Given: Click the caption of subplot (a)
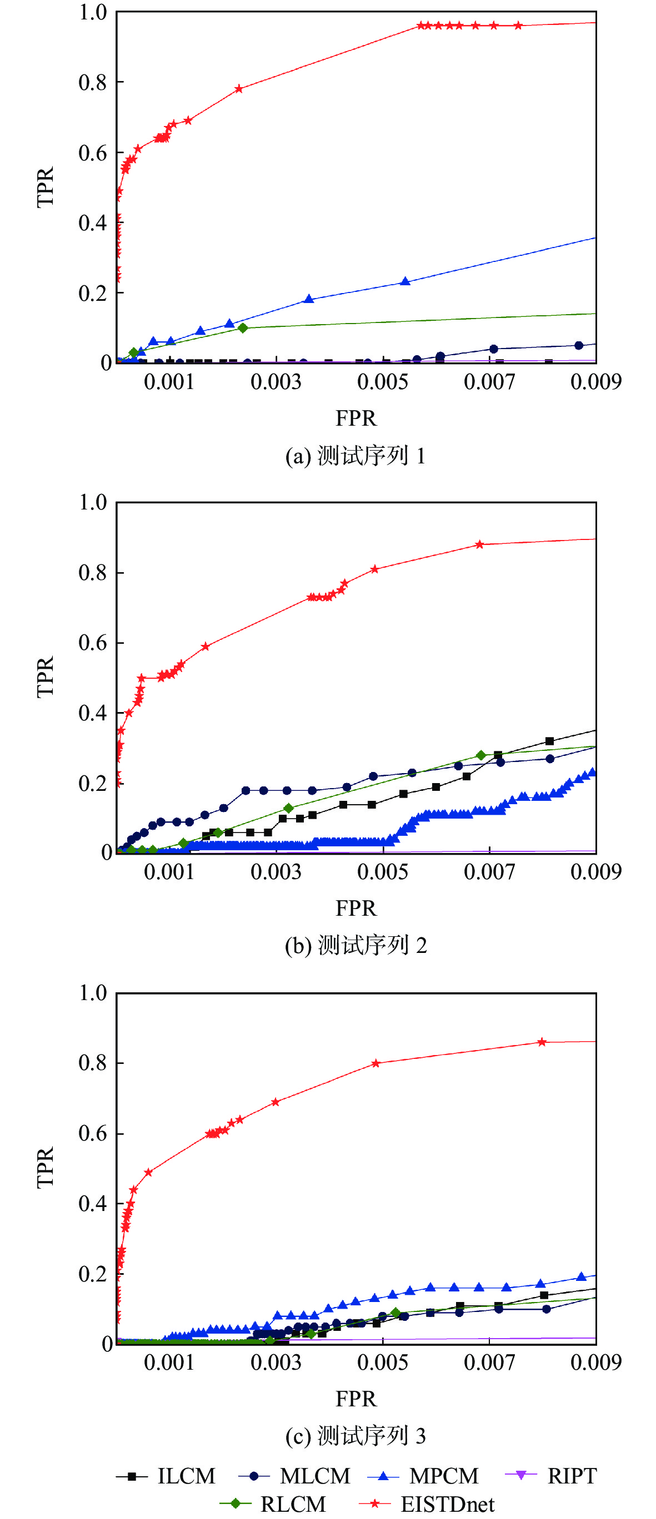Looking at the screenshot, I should click(x=355, y=456).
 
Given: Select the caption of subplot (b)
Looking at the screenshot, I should click(x=355, y=945).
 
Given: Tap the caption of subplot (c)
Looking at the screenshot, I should click(x=355, y=1435).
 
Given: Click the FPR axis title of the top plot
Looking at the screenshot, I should click(x=355, y=418).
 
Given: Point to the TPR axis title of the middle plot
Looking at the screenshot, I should click(x=46, y=677).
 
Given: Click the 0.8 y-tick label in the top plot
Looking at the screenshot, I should click(x=93, y=83).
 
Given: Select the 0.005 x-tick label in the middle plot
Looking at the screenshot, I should click(x=382, y=871).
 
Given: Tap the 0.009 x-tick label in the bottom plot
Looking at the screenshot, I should click(x=596, y=1362).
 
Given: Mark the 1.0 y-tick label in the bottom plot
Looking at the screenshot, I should click(x=93, y=992).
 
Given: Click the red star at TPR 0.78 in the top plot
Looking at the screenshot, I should click(x=239, y=89).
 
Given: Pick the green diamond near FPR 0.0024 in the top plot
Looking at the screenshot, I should click(x=243, y=328).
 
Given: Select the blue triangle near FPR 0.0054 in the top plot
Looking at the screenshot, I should click(x=405, y=281).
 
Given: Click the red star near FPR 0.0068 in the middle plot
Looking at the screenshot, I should click(x=479, y=544).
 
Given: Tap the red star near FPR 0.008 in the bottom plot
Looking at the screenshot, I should click(x=542, y=1042).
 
